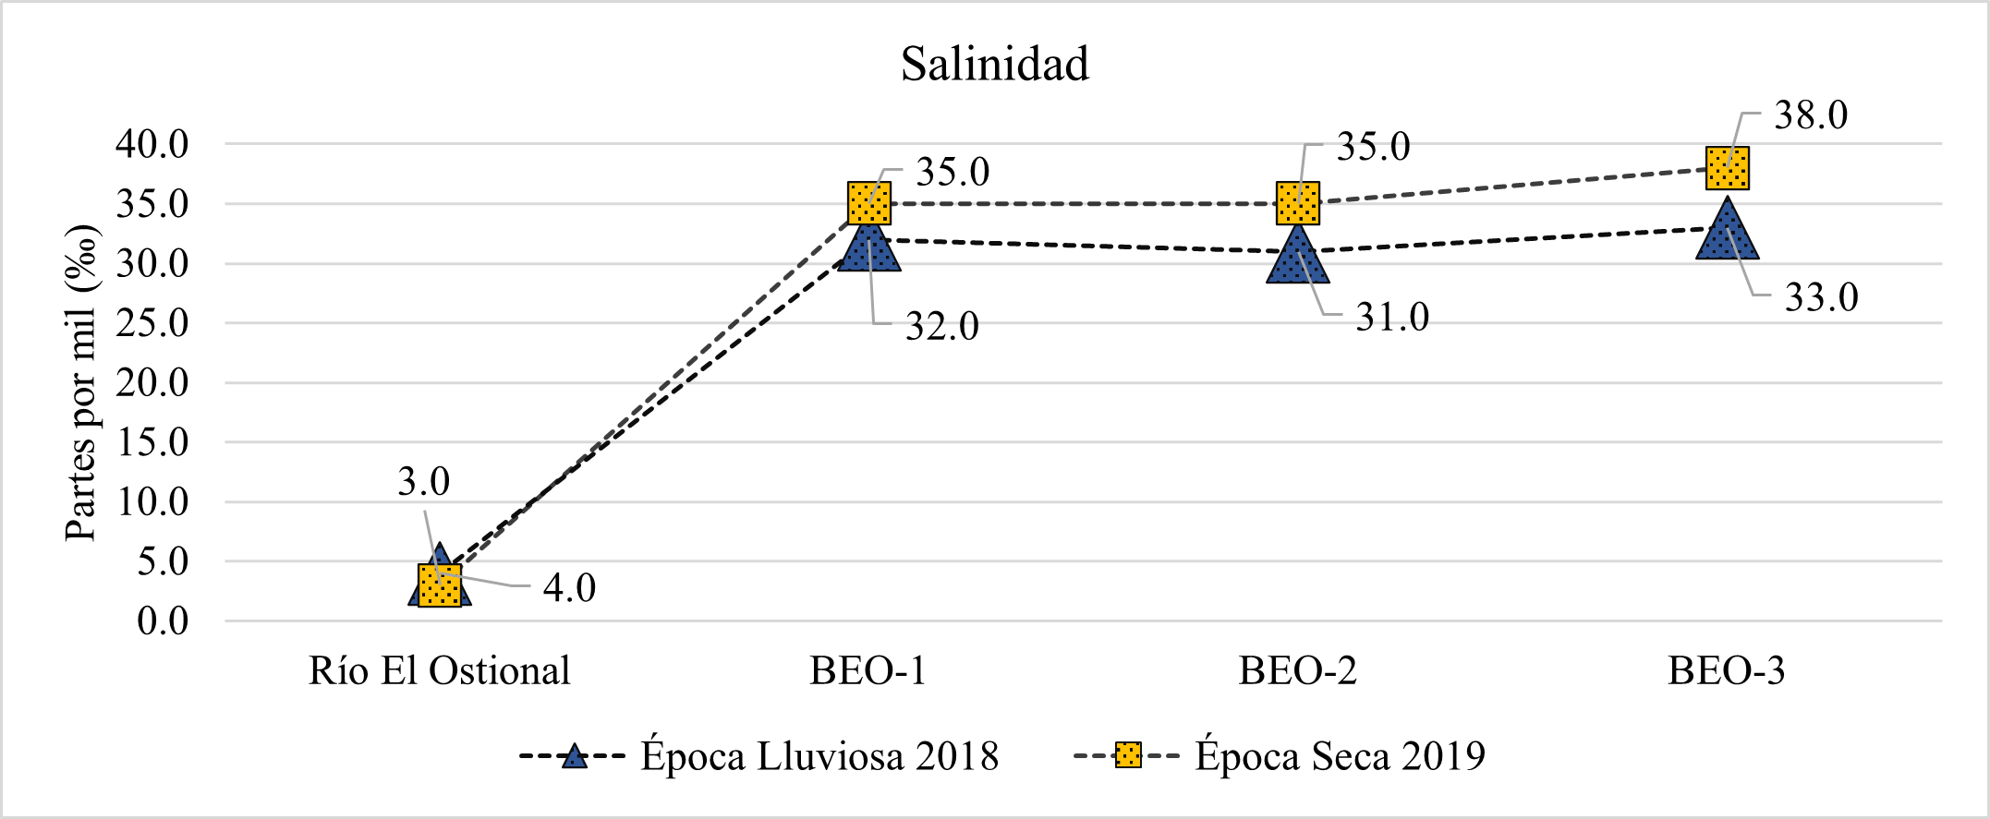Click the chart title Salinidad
coord(995,65)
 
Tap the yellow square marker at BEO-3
coord(1727,168)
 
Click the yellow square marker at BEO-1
coord(869,203)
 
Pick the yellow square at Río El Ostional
coord(440,585)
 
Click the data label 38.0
coord(1811,115)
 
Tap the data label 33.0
coord(1821,297)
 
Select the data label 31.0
coord(1392,318)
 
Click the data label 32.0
coord(941,326)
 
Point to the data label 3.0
coord(423,481)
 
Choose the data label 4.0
coord(569,588)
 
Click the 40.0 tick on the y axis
coord(152,144)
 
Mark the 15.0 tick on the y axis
coord(152,442)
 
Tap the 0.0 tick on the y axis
coord(163,621)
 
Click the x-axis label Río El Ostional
coord(440,671)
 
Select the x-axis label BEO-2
coord(1298,671)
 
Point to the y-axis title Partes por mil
coord(81,382)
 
